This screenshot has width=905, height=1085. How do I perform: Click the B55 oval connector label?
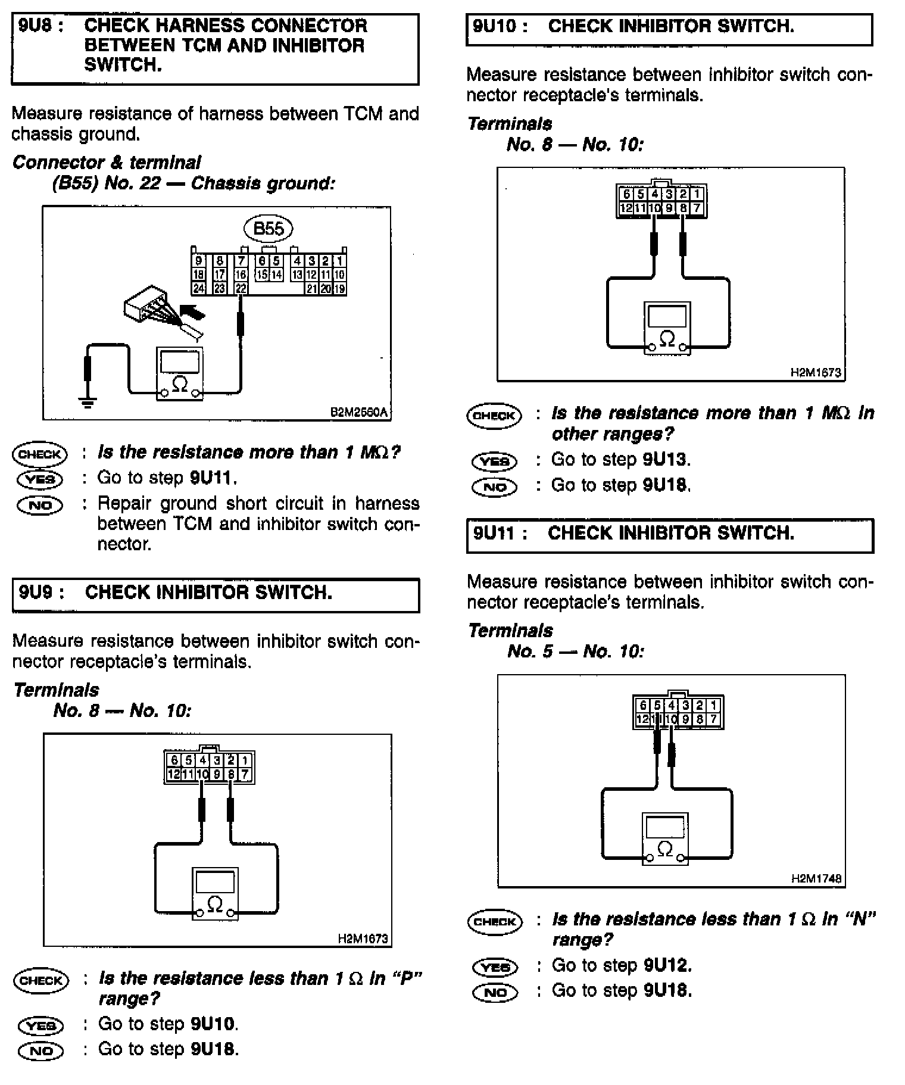(x=269, y=229)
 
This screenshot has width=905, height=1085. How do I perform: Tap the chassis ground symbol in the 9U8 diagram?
(x=88, y=403)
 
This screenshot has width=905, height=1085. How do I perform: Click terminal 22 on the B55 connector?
(x=241, y=289)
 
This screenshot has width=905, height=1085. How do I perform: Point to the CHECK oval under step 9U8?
(x=39, y=454)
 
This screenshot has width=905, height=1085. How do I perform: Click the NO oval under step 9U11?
(x=495, y=992)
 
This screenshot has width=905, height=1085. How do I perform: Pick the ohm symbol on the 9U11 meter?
(x=666, y=849)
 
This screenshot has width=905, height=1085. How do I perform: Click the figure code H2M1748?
(x=817, y=878)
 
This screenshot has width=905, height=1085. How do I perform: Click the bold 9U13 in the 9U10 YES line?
(x=666, y=460)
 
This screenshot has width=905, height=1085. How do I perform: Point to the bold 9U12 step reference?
(x=667, y=965)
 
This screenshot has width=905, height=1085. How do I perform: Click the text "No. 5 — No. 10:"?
(x=576, y=651)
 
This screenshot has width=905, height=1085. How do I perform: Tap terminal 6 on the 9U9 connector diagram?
(x=174, y=760)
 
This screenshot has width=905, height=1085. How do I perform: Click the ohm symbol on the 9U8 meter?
(x=179, y=384)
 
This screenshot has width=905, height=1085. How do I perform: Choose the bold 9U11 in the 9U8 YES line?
(x=213, y=478)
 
